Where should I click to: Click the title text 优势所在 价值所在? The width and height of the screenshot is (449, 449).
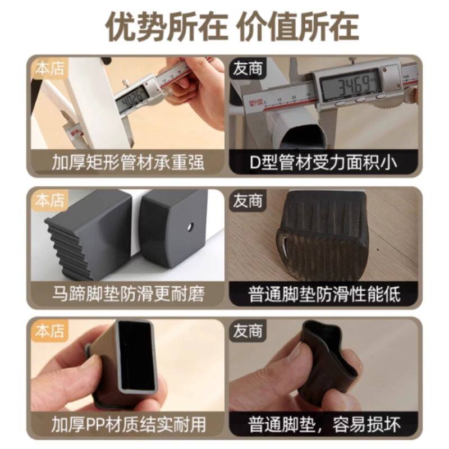[x=232, y=26]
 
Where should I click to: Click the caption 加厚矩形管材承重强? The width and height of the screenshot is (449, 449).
[x=129, y=162]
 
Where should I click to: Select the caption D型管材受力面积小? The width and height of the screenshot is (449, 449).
[x=324, y=162]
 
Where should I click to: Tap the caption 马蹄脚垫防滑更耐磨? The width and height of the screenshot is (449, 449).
[x=129, y=294]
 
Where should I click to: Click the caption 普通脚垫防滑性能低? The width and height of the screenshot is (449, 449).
[x=324, y=294]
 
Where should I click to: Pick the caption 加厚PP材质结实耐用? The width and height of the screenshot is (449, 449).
[x=129, y=424]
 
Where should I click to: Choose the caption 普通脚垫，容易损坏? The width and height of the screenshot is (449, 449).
[x=324, y=424]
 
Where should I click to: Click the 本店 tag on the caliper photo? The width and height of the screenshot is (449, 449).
[x=49, y=68]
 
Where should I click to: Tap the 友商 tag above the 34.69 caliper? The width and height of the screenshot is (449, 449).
[x=248, y=68]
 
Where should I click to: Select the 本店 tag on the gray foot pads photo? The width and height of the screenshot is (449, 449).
[x=49, y=200]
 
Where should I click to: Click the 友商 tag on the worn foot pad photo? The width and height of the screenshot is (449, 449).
[x=248, y=200]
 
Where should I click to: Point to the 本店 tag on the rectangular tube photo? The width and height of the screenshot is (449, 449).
[x=49, y=331]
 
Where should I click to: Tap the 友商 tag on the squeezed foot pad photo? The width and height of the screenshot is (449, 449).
[x=248, y=331]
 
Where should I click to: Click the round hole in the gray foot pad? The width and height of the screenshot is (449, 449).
[x=190, y=228]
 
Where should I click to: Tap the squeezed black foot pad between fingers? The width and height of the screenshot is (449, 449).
[x=328, y=363]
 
